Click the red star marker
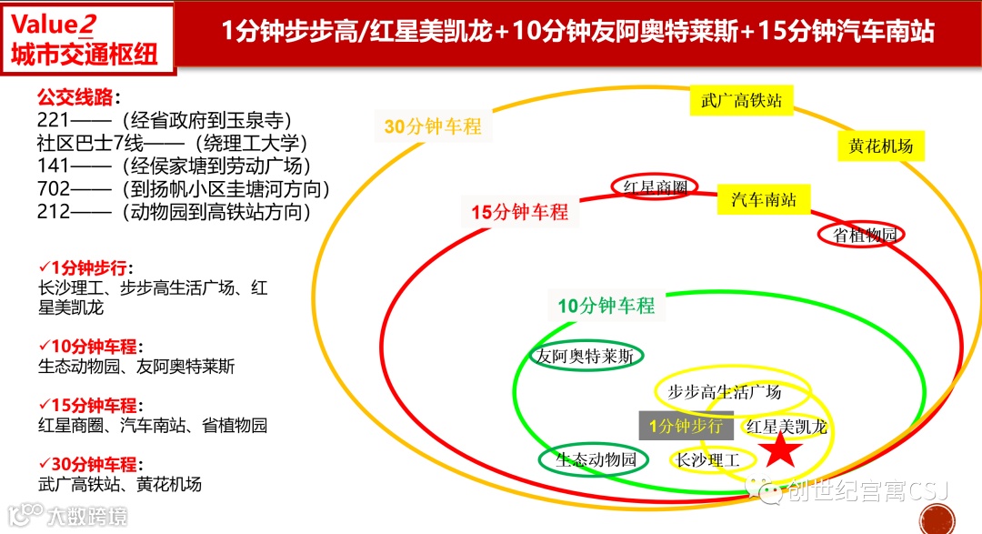click(x=779, y=448)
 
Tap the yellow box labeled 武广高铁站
click(x=741, y=100)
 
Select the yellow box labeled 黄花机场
click(x=880, y=146)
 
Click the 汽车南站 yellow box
click(x=764, y=199)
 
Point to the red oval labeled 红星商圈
click(x=655, y=187)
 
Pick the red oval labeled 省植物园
click(x=865, y=234)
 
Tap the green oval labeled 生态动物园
click(x=596, y=459)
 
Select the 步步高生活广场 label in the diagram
click(x=725, y=392)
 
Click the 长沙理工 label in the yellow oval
click(x=708, y=460)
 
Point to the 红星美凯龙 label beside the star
click(x=787, y=427)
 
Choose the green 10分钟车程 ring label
click(x=606, y=306)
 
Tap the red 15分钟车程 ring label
click(x=519, y=212)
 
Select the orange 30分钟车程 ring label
click(x=433, y=126)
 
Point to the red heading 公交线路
click(x=78, y=97)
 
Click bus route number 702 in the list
click(x=54, y=189)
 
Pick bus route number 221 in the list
click(x=54, y=120)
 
